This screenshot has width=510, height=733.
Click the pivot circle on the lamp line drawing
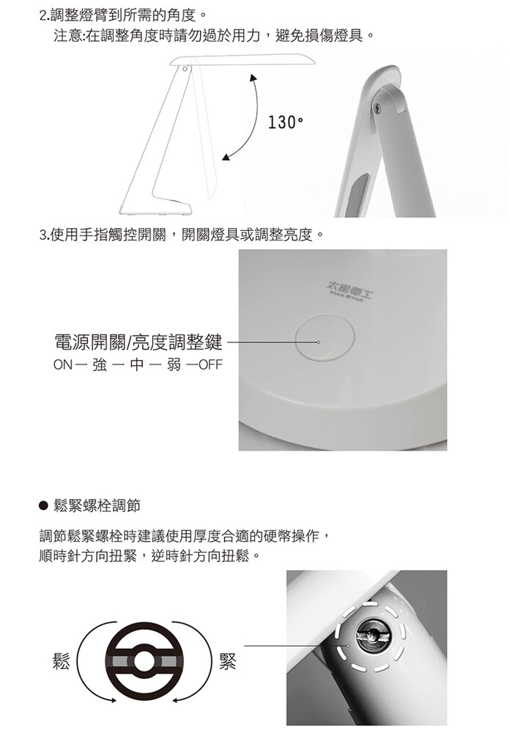click(185, 69)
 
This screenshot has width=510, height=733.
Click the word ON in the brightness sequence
click(63, 364)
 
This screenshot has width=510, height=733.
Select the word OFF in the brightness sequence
click(211, 364)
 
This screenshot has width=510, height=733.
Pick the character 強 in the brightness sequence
click(100, 364)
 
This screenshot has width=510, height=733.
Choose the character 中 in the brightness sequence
click(136, 364)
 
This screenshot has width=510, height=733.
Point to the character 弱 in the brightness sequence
click(174, 364)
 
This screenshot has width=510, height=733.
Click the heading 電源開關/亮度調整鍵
click(138, 342)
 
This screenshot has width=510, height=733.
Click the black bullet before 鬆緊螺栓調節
click(44, 505)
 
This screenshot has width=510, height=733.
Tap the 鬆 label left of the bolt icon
click(61, 661)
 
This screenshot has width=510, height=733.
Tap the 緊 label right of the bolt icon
click(228, 661)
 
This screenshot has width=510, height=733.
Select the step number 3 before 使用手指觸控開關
click(42, 235)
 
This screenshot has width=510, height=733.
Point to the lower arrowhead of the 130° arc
click(226, 157)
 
